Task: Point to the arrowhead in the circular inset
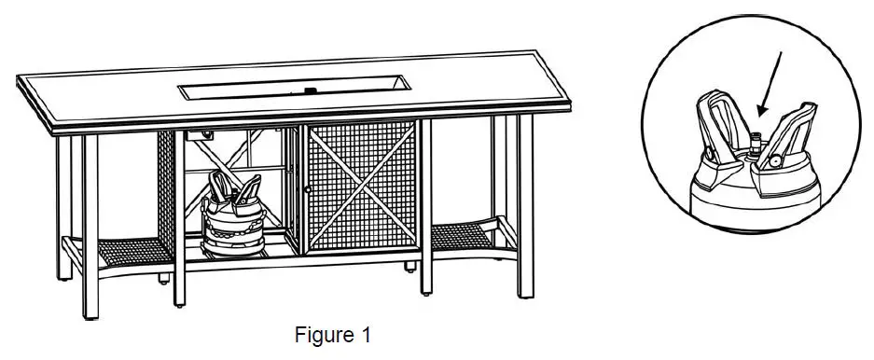759,111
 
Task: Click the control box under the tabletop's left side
199,135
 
